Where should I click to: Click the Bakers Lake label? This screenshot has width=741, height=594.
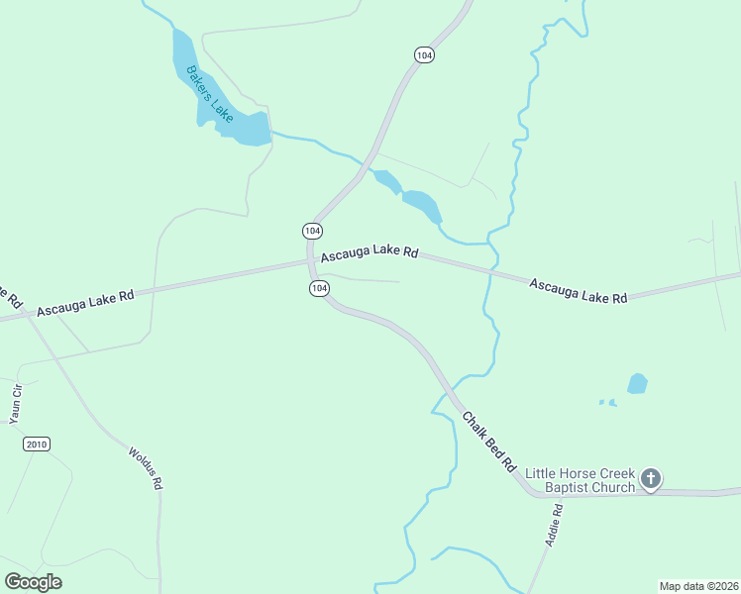coord(209,94)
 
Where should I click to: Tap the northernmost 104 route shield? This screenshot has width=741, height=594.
coord(424,55)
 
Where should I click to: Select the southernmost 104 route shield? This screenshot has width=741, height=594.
coord(318,288)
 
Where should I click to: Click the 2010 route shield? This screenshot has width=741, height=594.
coord(37,444)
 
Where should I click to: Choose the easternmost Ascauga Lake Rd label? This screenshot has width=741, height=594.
coord(579,290)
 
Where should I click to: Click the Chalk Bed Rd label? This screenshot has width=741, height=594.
coord(490,441)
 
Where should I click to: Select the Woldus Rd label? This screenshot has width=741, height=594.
coord(146,467)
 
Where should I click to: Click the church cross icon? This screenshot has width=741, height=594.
coord(651,480)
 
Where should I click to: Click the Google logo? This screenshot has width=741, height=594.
coord(33,582)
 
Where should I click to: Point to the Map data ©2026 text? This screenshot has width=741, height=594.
coord(698,586)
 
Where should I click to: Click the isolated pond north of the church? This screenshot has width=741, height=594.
coord(637,383)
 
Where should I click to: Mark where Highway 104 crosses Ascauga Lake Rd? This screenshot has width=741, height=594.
coord(309,261)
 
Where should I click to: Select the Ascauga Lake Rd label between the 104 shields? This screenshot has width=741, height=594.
coord(369,252)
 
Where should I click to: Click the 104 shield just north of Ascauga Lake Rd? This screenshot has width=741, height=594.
coord(312,230)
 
